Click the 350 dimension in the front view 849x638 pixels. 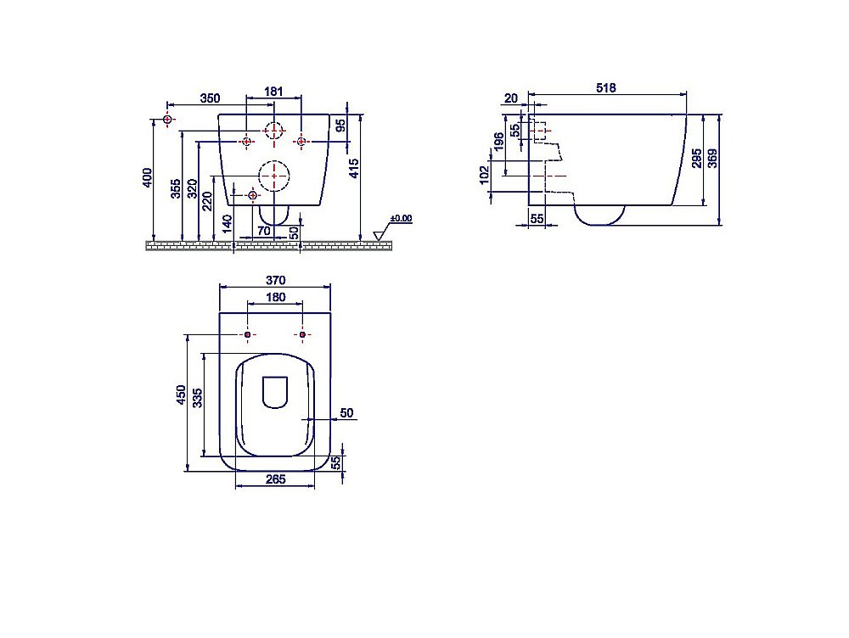click(211, 98)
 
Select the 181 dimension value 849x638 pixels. click(273, 91)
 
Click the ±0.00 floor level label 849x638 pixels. click(401, 219)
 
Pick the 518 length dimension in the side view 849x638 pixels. click(606, 87)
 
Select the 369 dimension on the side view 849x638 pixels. click(715, 159)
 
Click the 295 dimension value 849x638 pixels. click(697, 159)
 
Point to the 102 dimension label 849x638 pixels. click(485, 175)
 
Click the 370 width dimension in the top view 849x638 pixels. click(274, 281)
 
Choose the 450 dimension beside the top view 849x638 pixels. click(180, 395)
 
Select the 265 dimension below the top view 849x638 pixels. click(274, 479)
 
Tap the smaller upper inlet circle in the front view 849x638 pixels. click(273, 131)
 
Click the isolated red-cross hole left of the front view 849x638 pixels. click(167, 120)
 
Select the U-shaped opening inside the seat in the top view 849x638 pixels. click(273, 391)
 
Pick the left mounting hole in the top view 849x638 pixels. click(247, 336)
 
